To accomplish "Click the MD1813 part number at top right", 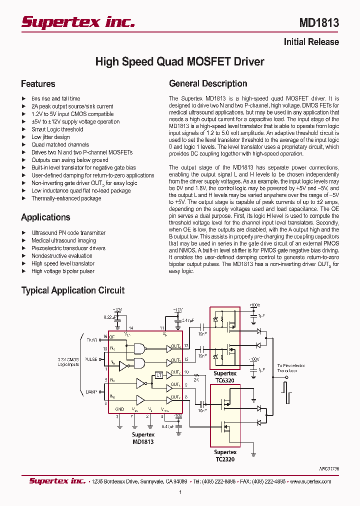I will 319,22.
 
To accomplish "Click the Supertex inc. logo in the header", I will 78,22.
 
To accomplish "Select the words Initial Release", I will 311,42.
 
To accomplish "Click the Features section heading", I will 38,84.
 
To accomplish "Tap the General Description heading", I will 208,83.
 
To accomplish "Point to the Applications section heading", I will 45,217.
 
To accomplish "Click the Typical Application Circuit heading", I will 72,290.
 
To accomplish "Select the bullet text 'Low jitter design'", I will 50,137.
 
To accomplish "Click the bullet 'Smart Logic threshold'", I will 57,129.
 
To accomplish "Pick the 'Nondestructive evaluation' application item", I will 62,256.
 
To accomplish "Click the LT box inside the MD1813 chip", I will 158,375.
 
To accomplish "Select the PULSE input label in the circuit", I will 91,358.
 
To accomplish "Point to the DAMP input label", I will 91,391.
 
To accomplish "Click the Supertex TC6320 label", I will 225,376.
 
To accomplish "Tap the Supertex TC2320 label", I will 225,455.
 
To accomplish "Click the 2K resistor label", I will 196,380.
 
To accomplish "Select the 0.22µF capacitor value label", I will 111,317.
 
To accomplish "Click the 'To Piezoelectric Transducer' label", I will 290,368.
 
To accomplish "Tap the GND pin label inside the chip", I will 119,409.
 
